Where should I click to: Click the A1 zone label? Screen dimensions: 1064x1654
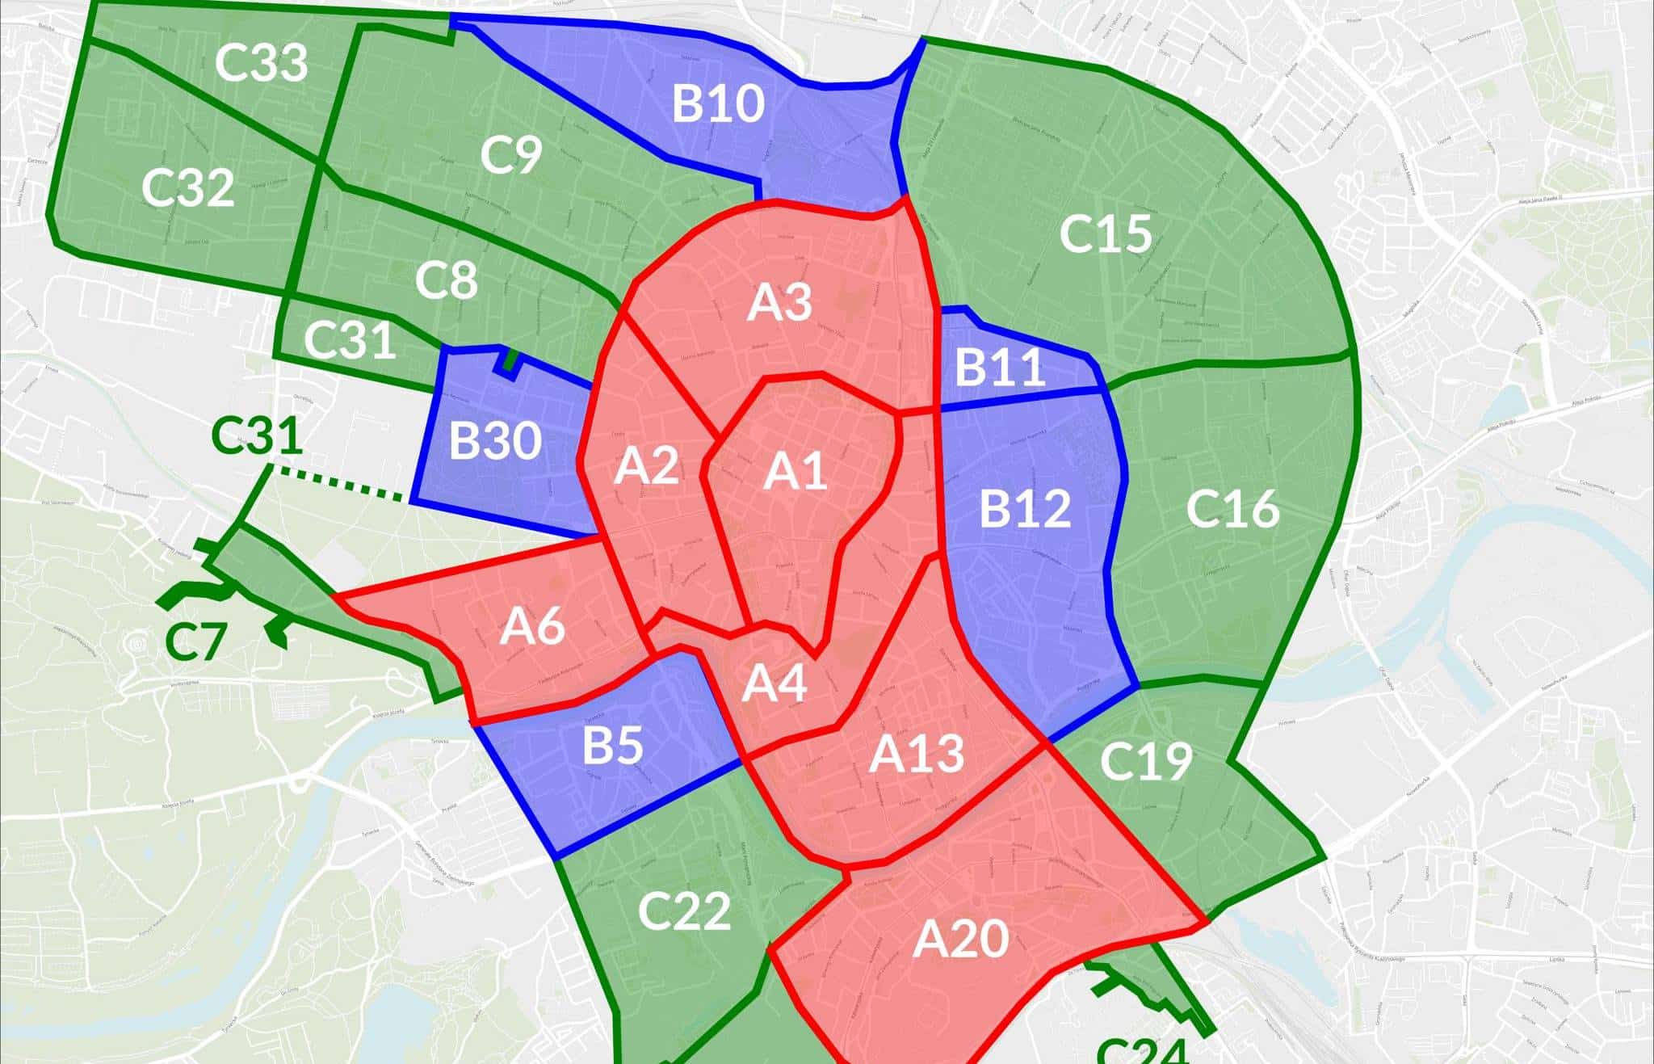click(796, 471)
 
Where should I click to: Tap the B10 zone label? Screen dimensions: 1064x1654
click(718, 104)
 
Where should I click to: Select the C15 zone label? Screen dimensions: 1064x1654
click(1105, 234)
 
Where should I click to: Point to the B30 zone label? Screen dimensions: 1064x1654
click(495, 441)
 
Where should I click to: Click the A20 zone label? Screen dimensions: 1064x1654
click(961, 939)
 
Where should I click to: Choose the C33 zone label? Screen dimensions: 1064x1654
click(262, 63)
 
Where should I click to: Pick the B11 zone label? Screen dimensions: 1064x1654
click(1000, 368)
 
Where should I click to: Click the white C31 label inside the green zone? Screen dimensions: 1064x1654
click(351, 340)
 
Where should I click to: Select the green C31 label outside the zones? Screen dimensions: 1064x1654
click(257, 437)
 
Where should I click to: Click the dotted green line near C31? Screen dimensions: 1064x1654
click(338, 481)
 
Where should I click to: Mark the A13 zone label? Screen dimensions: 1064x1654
click(917, 754)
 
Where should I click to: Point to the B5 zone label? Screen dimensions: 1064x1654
click(614, 745)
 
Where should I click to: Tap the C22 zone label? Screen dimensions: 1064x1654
click(684, 911)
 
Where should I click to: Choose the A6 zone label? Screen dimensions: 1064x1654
click(532, 627)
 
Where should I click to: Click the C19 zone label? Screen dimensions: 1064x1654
click(1146, 761)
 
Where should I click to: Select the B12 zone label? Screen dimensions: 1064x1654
click(1025, 509)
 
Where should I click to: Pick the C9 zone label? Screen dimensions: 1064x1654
click(510, 155)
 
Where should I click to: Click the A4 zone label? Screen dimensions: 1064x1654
click(774, 683)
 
